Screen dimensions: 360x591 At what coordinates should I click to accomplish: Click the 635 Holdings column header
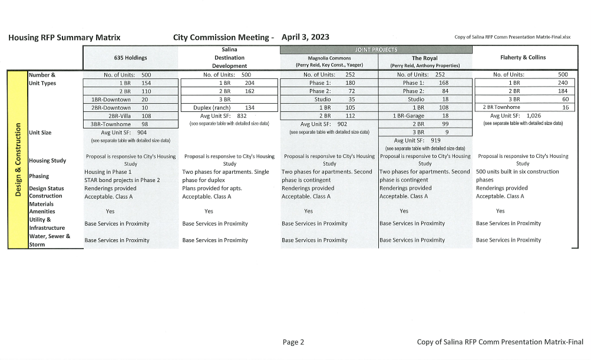(130, 58)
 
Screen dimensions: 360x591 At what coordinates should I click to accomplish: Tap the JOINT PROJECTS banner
(376, 49)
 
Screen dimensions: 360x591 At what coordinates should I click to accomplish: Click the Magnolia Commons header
(328, 58)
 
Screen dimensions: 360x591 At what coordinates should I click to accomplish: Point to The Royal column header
(424, 58)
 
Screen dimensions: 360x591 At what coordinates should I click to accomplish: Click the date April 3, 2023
(305, 37)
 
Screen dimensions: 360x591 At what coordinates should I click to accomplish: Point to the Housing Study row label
(47, 160)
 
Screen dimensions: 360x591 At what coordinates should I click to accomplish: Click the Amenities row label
(42, 211)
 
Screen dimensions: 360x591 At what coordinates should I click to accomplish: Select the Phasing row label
(39, 176)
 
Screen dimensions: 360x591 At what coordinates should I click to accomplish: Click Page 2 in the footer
(293, 342)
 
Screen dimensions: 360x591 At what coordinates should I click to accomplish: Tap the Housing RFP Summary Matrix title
(64, 38)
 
